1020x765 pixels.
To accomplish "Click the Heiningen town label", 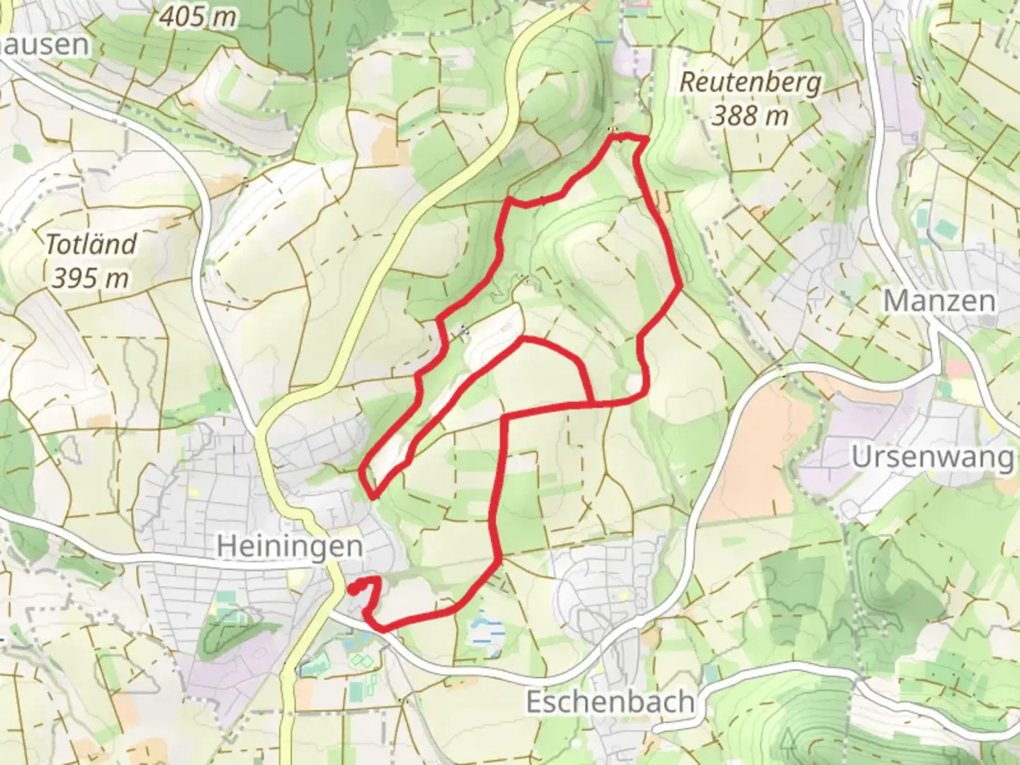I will [x=289, y=546].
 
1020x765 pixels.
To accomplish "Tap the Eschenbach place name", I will [x=610, y=702].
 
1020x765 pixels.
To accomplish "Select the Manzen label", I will [x=939, y=301].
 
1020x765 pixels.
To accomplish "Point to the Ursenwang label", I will [x=932, y=458].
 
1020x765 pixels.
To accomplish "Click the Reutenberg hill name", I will [x=750, y=83].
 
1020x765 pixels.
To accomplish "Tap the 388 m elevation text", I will [x=750, y=115].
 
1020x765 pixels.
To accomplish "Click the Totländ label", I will [x=91, y=244].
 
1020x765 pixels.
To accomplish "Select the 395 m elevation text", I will [x=91, y=278].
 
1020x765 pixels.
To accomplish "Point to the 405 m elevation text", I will [x=198, y=17].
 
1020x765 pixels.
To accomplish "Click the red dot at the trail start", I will [x=352, y=588].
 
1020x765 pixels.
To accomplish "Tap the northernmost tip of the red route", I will [x=623, y=134].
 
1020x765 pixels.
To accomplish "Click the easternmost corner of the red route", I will [x=681, y=285].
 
